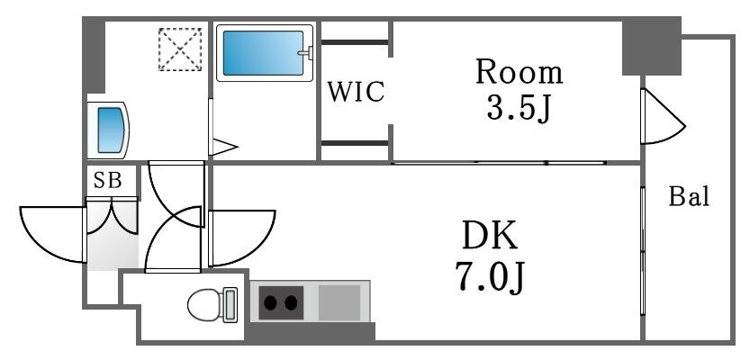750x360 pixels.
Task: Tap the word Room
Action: point(519,73)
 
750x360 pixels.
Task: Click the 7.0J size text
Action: point(491,279)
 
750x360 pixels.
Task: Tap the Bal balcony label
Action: point(689,196)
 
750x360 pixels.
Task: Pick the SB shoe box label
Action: point(108,181)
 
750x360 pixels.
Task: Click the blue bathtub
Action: point(264,53)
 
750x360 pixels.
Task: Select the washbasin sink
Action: point(112,130)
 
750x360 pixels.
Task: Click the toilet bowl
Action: point(204,304)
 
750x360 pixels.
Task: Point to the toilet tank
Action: point(230,304)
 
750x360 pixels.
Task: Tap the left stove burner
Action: point(271,302)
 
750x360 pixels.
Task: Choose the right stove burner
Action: point(292,302)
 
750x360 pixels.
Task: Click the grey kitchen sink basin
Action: point(339,302)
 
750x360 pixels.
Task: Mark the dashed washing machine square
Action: point(180,49)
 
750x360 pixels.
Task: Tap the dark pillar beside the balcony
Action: point(652,47)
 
